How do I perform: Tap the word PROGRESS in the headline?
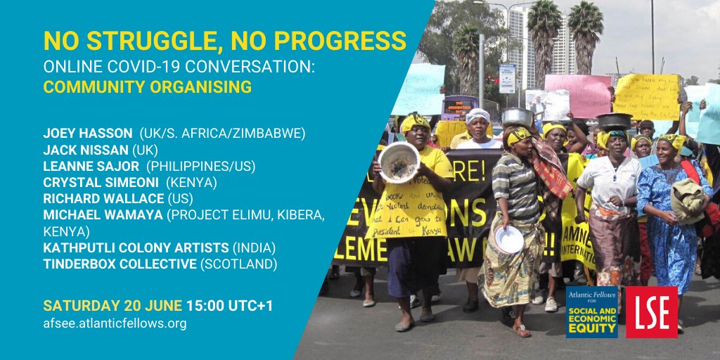[x=342, y=41]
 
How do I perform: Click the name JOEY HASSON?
[x=88, y=133]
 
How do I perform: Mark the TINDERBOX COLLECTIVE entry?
[x=120, y=265]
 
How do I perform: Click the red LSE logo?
[x=652, y=311]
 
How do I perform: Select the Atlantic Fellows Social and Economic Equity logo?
[x=592, y=311]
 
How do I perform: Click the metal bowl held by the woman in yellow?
[x=399, y=162]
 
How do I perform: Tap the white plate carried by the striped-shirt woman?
[x=509, y=239]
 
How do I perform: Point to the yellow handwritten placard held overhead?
[x=646, y=97]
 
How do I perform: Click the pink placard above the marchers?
[x=578, y=96]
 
